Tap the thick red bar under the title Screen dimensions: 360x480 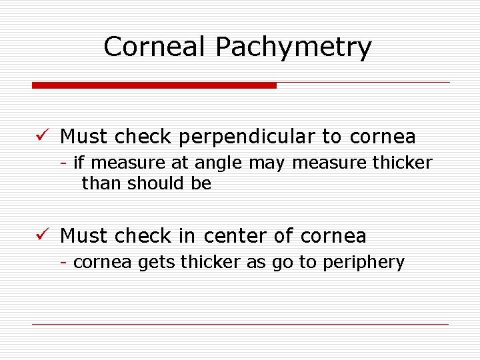(154, 85)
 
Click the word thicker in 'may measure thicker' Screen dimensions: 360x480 (402, 162)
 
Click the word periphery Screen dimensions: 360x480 (363, 263)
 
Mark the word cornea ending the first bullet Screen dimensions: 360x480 (383, 137)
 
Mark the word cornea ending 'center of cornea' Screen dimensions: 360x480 (333, 236)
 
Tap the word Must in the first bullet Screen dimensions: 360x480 (85, 137)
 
